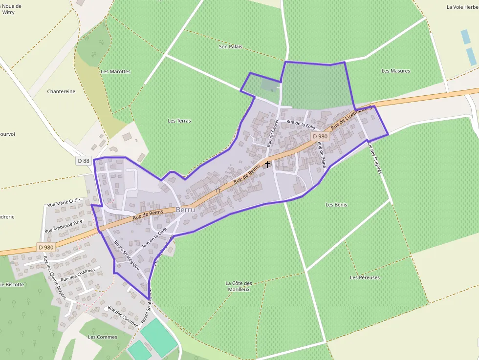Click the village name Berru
pyautogui.click(x=186, y=209)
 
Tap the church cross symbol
pyautogui.click(x=267, y=165)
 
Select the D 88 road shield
pyautogui.click(x=84, y=161)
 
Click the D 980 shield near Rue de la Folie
pyautogui.click(x=320, y=137)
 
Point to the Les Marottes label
pyautogui.click(x=115, y=71)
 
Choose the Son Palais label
pyautogui.click(x=230, y=46)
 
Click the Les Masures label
pyautogui.click(x=395, y=71)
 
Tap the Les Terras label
pyautogui.click(x=179, y=121)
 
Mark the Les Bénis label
pyautogui.click(x=336, y=205)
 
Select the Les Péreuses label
pyautogui.click(x=365, y=277)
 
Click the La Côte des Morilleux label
pyautogui.click(x=239, y=286)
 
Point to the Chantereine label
pyautogui.click(x=61, y=91)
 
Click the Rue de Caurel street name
pyautogui.click(x=273, y=132)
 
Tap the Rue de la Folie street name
pyautogui.click(x=301, y=124)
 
